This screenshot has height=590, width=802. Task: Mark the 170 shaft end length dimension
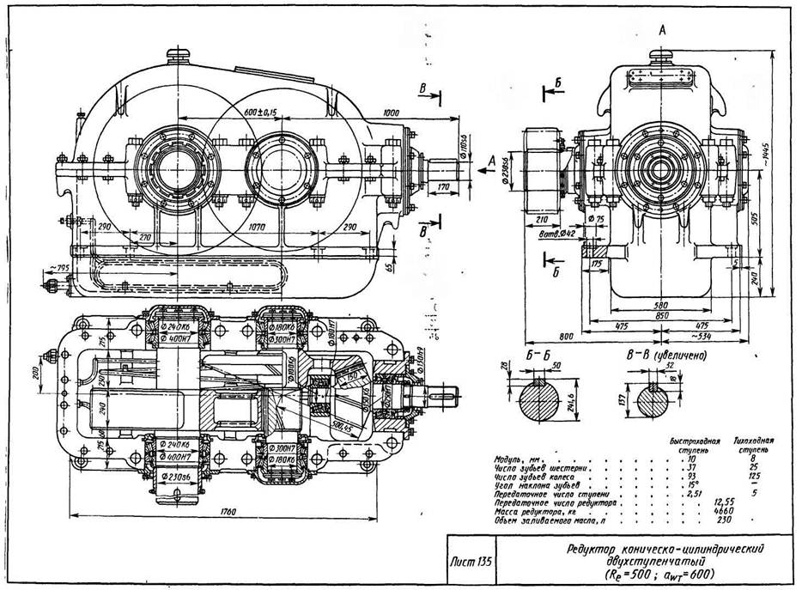[444, 186]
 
